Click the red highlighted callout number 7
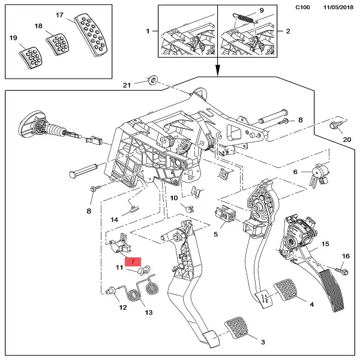pos(132,262)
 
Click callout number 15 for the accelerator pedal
pos(325,244)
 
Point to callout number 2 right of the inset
pos(288,30)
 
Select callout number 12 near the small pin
pos(122,307)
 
